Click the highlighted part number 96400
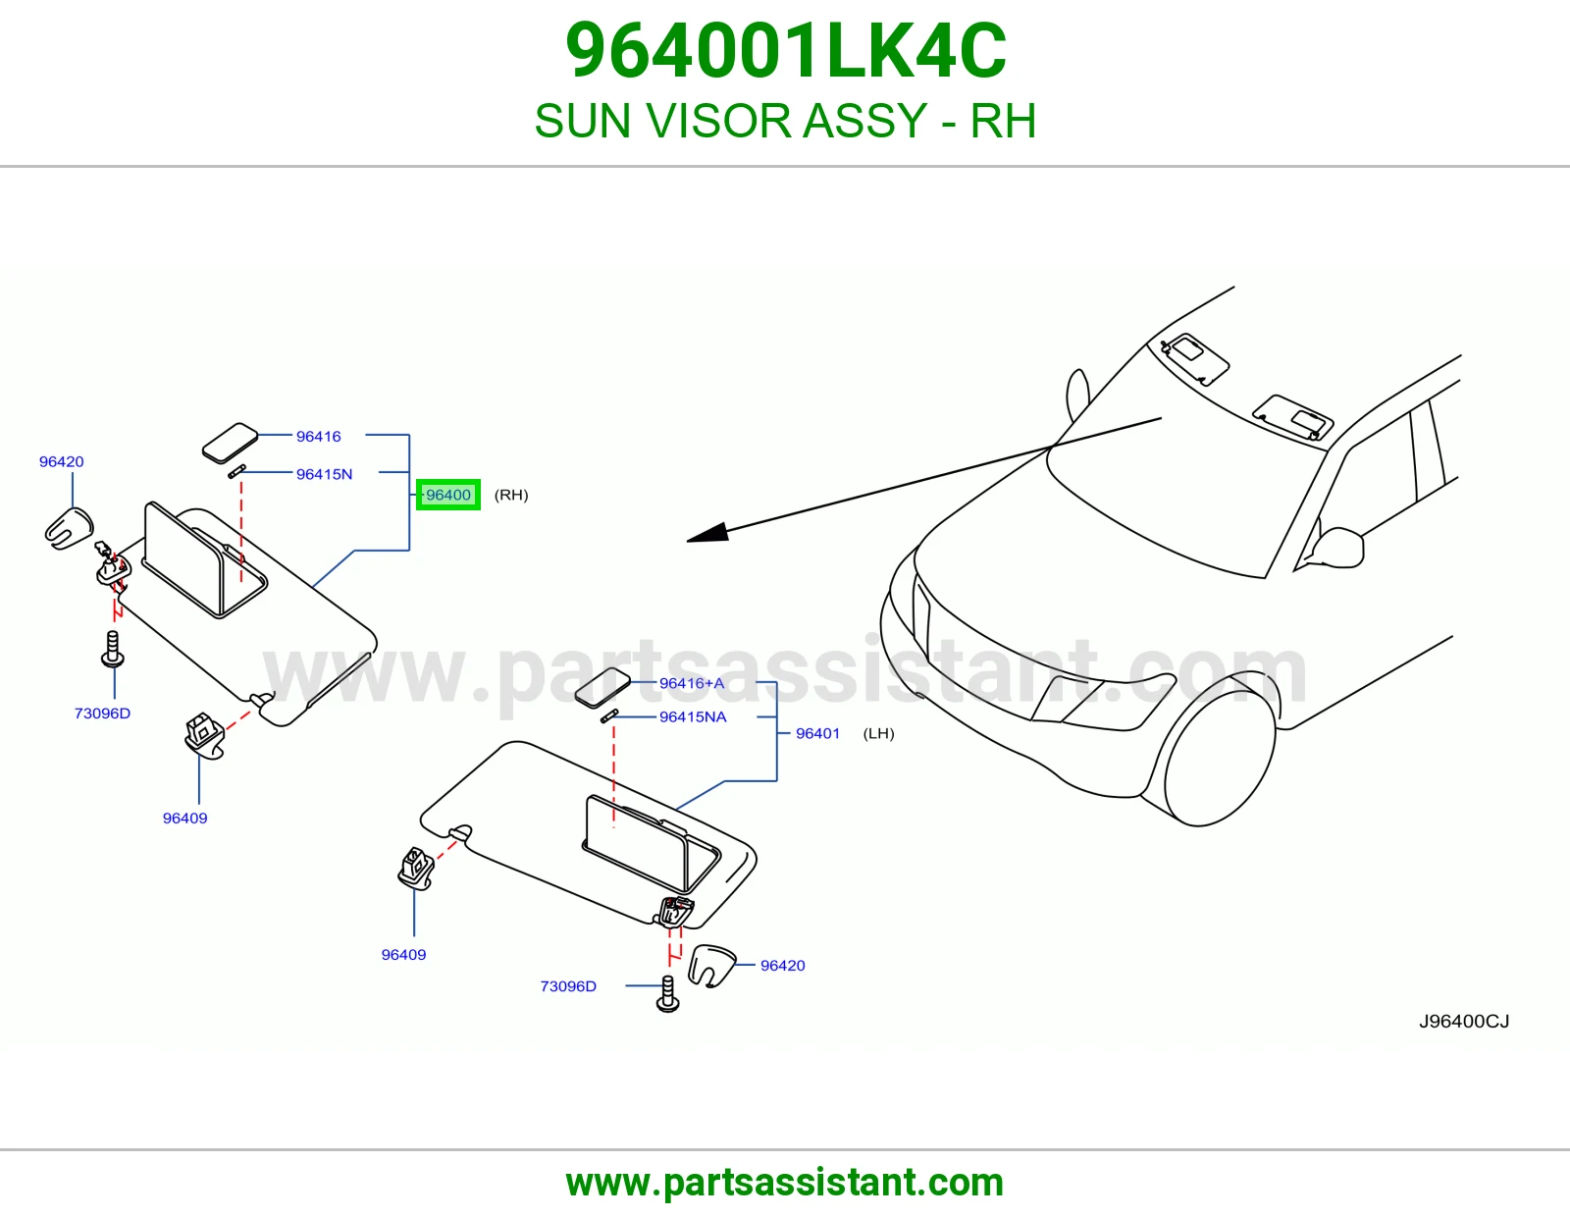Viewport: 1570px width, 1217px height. [x=448, y=495]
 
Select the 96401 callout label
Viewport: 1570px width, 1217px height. [x=817, y=733]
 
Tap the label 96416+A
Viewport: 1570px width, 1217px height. [x=692, y=683]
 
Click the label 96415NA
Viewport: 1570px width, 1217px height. [x=693, y=716]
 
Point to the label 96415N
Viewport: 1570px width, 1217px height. [x=325, y=474]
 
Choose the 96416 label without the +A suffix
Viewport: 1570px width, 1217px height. [x=319, y=437]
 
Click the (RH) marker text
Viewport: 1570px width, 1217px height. [x=511, y=495]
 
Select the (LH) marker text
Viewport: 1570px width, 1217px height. [x=878, y=733]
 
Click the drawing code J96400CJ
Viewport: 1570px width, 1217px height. [x=1464, y=1021]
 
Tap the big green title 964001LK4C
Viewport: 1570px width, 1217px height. [x=785, y=51]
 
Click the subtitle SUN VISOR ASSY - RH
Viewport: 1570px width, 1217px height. [x=785, y=120]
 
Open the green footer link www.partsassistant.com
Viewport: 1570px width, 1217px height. [x=785, y=1183]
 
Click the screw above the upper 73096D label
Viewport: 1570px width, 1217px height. [x=112, y=649]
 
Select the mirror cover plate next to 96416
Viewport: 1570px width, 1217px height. [x=230, y=443]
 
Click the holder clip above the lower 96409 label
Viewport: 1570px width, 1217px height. [x=415, y=869]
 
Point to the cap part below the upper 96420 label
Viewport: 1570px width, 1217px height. [x=69, y=528]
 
